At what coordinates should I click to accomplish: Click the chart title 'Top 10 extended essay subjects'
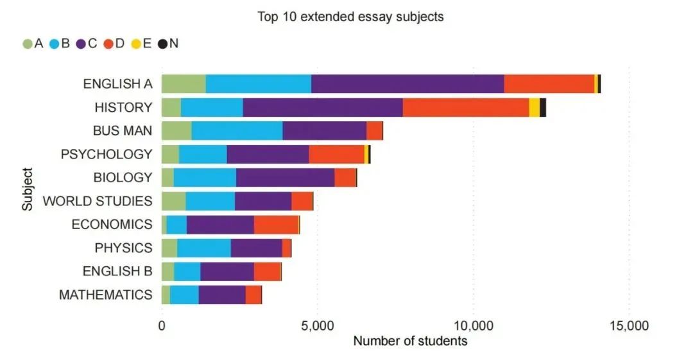click(x=350, y=17)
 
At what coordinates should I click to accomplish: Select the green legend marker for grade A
click(x=27, y=44)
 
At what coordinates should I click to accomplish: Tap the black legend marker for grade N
click(x=163, y=44)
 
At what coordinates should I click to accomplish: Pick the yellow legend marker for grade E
click(x=135, y=44)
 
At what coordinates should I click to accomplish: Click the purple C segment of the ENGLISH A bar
click(x=407, y=84)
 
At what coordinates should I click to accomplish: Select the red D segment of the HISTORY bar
click(x=466, y=107)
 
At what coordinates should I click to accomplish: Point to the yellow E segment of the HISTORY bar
click(x=534, y=107)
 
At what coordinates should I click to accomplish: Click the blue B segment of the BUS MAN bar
click(x=237, y=131)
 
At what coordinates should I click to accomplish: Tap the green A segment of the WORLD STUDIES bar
click(x=173, y=201)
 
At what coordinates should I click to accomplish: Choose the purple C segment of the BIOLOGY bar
click(x=286, y=178)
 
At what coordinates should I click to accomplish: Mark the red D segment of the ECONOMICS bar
click(x=276, y=225)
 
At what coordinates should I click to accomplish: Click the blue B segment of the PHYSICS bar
click(x=204, y=248)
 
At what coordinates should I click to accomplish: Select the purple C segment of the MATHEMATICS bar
click(x=222, y=295)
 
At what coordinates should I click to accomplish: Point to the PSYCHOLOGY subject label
click(x=107, y=154)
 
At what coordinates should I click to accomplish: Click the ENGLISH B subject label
click(x=117, y=271)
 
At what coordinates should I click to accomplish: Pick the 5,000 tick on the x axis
click(x=317, y=326)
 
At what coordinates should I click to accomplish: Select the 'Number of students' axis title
click(x=410, y=341)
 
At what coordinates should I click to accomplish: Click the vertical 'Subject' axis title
click(x=27, y=189)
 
